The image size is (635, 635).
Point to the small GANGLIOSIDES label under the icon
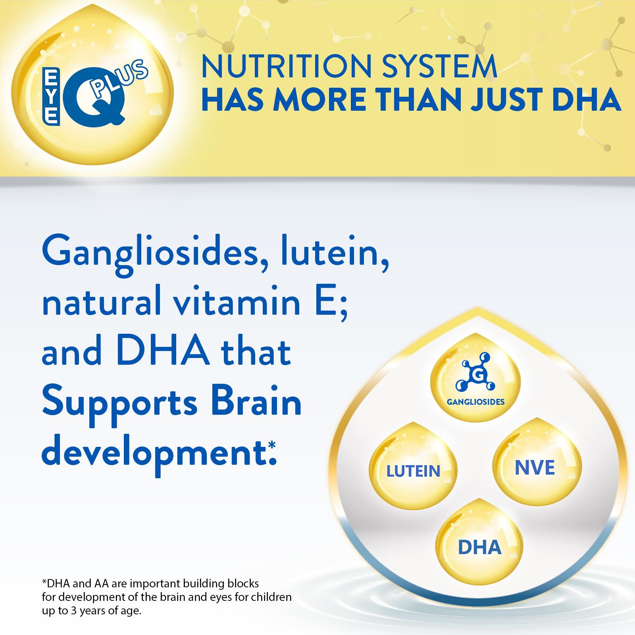pos(475,402)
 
